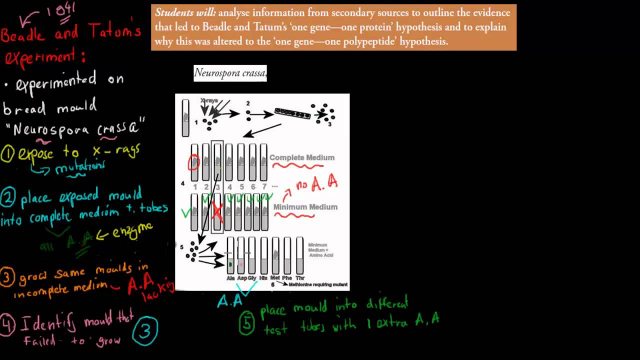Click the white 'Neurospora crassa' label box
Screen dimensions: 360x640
[230, 73]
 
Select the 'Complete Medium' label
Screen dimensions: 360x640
[302, 157]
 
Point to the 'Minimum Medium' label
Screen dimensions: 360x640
[305, 207]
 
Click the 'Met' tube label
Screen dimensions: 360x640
[275, 278]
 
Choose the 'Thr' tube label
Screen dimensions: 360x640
[300, 278]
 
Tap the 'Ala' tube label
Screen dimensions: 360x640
[230, 278]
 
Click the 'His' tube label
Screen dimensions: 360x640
[263, 278]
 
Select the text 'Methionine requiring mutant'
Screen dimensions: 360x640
[318, 284]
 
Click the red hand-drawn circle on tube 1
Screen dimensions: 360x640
[194, 162]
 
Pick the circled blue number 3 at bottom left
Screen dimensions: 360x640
[145, 330]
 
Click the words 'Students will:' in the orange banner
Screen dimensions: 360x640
[185, 13]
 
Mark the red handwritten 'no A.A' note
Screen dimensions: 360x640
[317, 184]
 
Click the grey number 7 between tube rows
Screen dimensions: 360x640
[264, 187]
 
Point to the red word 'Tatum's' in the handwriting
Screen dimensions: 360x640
[114, 31]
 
